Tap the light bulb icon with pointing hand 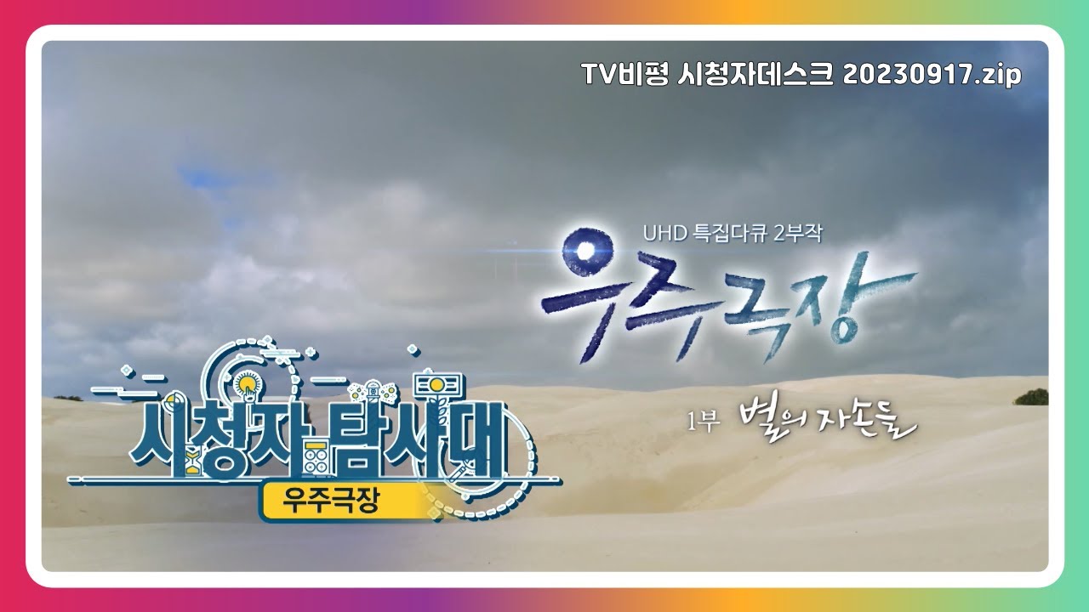tap(248, 385)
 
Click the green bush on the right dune tap(1031, 396)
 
